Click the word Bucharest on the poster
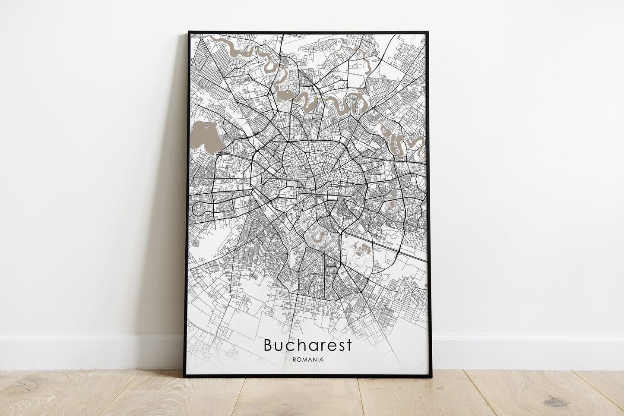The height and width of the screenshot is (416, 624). pyautogui.click(x=307, y=345)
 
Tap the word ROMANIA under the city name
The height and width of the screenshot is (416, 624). pyautogui.click(x=307, y=359)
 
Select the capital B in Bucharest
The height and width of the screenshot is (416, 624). pyautogui.click(x=268, y=345)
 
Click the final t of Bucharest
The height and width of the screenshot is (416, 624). pyautogui.click(x=349, y=345)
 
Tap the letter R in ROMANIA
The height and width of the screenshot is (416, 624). pyautogui.click(x=294, y=359)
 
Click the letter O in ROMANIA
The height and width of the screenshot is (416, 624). pyautogui.click(x=298, y=359)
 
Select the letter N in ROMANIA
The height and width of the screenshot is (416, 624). pyautogui.click(x=314, y=359)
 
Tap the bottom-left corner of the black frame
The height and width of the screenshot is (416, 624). pyautogui.click(x=184, y=376)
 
